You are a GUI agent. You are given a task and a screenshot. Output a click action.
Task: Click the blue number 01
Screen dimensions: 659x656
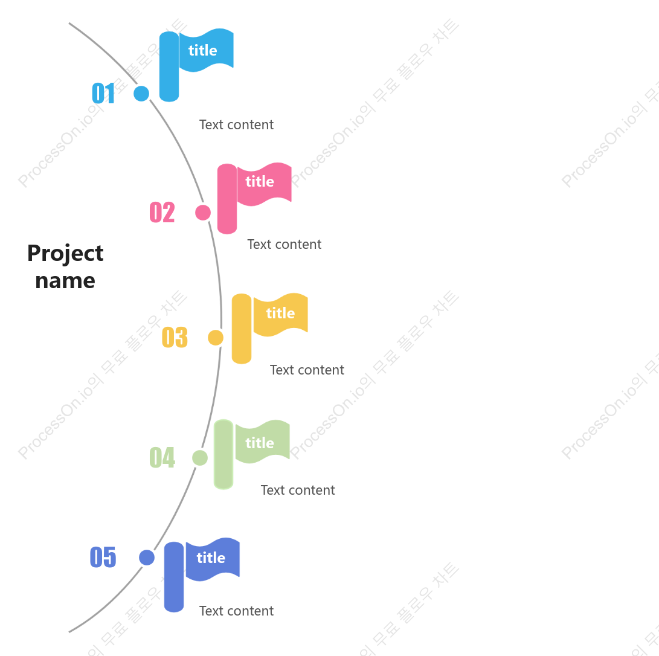point(103,93)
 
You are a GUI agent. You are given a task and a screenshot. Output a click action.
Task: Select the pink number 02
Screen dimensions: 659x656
point(162,212)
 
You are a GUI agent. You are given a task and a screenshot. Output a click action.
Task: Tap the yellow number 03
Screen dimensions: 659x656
point(175,337)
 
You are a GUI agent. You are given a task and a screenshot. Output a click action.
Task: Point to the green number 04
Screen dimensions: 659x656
point(162,457)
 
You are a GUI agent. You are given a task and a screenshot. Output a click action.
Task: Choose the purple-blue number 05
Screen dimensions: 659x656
point(103,557)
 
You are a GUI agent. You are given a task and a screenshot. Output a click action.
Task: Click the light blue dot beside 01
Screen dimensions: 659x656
point(141,93)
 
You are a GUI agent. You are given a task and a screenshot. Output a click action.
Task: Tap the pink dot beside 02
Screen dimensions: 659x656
point(203,213)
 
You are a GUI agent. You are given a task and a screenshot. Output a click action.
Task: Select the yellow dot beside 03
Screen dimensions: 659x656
point(216,338)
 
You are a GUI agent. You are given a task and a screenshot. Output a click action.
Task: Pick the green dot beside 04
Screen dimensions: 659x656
point(200,458)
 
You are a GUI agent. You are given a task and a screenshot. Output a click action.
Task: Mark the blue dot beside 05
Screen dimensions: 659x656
point(147,558)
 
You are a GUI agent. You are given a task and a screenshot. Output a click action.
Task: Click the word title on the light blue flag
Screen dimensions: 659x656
point(202,50)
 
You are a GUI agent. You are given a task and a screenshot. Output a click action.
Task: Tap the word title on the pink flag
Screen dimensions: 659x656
point(260,182)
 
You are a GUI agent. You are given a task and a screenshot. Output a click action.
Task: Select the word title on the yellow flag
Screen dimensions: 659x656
point(280,313)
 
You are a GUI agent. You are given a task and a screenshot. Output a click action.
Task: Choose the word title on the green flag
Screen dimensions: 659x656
point(260,443)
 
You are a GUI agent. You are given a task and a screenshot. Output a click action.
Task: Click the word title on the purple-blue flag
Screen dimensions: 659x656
point(211,558)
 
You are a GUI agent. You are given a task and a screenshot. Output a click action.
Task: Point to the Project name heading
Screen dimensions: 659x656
point(65,267)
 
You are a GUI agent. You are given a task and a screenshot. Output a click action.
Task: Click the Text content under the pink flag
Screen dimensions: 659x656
point(284,244)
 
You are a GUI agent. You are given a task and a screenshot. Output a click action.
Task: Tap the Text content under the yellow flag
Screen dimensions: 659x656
point(307,370)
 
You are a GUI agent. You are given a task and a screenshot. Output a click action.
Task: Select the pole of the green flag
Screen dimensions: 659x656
point(223,454)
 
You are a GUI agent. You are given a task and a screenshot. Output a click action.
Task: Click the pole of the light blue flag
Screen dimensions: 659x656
point(169,66)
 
